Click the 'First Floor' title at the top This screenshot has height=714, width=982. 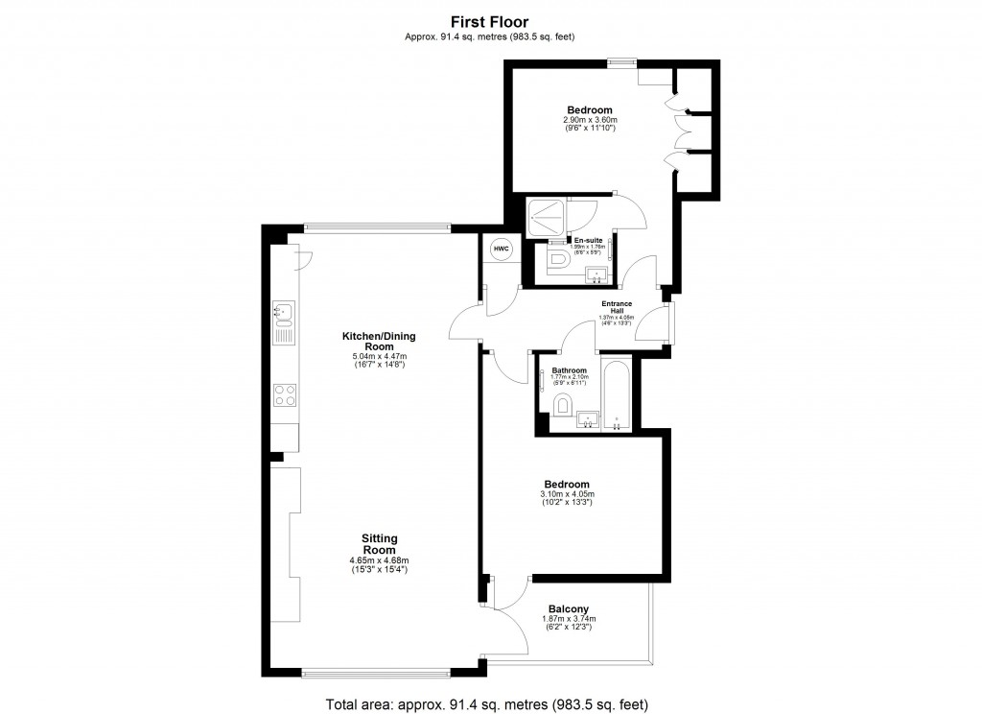pos(490,20)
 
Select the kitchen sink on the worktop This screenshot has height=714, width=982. pos(284,311)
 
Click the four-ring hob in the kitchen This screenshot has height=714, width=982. pos(285,394)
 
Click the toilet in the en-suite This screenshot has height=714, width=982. pos(557,260)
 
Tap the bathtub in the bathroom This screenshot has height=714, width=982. pos(615,394)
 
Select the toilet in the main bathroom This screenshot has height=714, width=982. pos(563,404)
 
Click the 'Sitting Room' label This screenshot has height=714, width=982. pos(380,544)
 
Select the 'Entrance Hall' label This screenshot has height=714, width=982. pos(617,308)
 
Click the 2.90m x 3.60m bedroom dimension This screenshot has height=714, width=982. pos(589,120)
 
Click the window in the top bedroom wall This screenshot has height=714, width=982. pos(621,63)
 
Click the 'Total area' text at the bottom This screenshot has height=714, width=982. pos(490,702)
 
